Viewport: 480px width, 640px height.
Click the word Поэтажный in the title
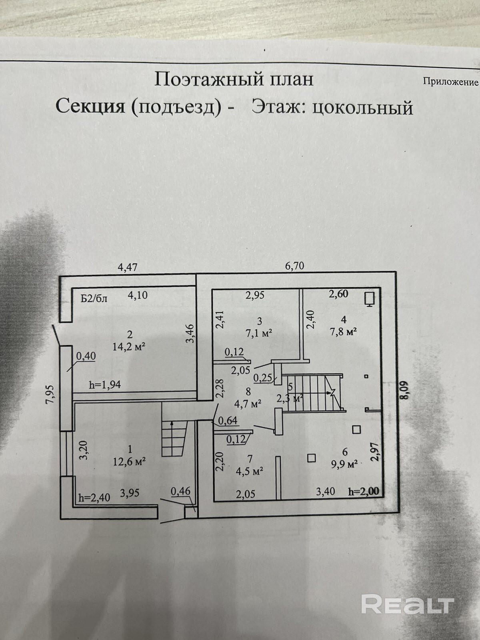click(x=197, y=79)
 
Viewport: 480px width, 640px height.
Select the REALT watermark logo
click(x=408, y=604)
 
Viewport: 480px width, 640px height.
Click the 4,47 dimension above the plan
click(x=128, y=267)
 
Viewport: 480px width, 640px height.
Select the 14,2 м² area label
click(x=128, y=346)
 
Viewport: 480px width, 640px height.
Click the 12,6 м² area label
click(x=128, y=461)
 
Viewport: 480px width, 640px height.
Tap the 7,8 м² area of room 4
click(x=343, y=332)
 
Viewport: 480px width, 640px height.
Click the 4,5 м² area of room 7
click(x=249, y=470)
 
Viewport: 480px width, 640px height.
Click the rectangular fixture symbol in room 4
click(x=369, y=299)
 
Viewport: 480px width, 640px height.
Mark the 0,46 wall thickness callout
click(x=180, y=490)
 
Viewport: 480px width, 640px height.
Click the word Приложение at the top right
click(x=450, y=82)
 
